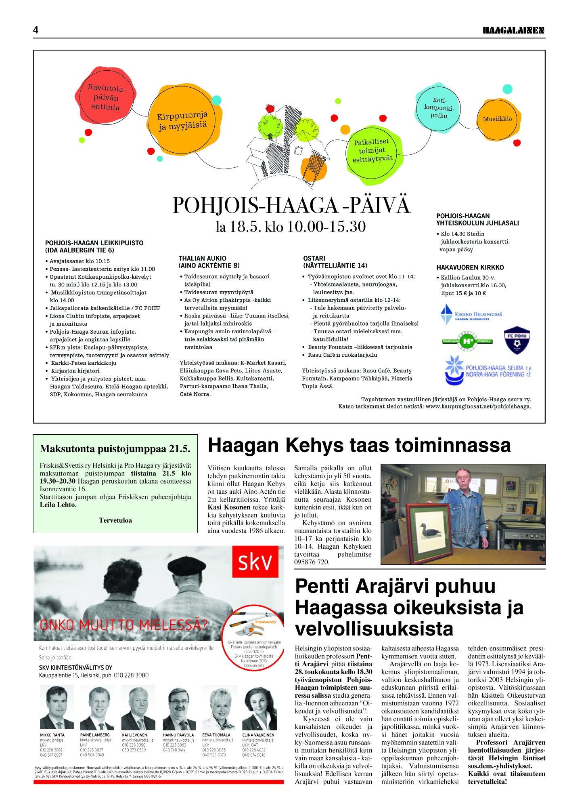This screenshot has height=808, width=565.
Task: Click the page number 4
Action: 36,30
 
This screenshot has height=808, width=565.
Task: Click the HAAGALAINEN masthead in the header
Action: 513,30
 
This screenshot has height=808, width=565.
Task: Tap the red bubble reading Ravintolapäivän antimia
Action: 105,97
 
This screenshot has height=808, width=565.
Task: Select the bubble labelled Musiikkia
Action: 497,119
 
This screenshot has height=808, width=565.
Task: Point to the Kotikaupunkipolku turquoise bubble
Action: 439,108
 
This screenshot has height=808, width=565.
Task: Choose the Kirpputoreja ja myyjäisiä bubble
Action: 183,120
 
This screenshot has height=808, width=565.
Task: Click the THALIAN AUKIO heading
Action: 203,259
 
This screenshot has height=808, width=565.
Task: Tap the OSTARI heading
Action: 314,259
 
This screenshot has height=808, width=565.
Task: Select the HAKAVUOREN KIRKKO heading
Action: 470,267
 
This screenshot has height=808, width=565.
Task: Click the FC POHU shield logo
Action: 517,340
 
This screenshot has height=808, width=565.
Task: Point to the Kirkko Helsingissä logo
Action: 471,314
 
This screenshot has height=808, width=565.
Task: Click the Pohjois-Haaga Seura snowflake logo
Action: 454,370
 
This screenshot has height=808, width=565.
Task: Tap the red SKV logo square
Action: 255,562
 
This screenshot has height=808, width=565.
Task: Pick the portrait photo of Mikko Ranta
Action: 57,709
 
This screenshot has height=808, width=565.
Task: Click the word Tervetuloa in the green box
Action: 115,520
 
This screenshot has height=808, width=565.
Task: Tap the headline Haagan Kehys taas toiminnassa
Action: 359,445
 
